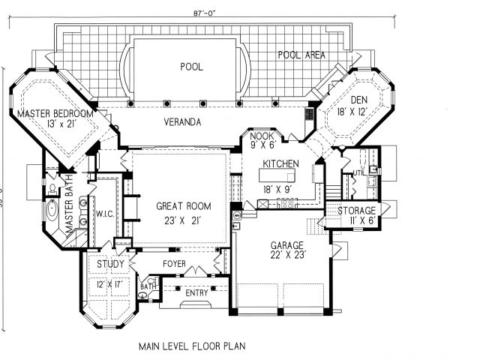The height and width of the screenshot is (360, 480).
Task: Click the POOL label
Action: [191, 66]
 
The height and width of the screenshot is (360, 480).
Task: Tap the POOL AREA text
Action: [301, 55]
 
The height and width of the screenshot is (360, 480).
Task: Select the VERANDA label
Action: [184, 121]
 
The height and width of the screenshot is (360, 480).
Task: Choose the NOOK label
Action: [262, 136]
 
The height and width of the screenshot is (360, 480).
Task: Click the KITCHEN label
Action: [281, 163]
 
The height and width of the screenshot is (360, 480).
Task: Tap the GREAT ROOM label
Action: [183, 205]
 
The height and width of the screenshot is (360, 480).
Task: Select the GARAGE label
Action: [286, 245]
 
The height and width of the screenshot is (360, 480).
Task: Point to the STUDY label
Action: [109, 264]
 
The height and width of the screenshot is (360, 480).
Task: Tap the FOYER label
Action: [174, 264]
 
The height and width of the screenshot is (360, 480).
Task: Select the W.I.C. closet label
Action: [103, 214]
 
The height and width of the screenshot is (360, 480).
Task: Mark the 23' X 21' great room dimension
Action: [183, 220]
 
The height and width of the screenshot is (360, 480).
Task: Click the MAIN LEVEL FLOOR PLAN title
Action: [193, 347]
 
